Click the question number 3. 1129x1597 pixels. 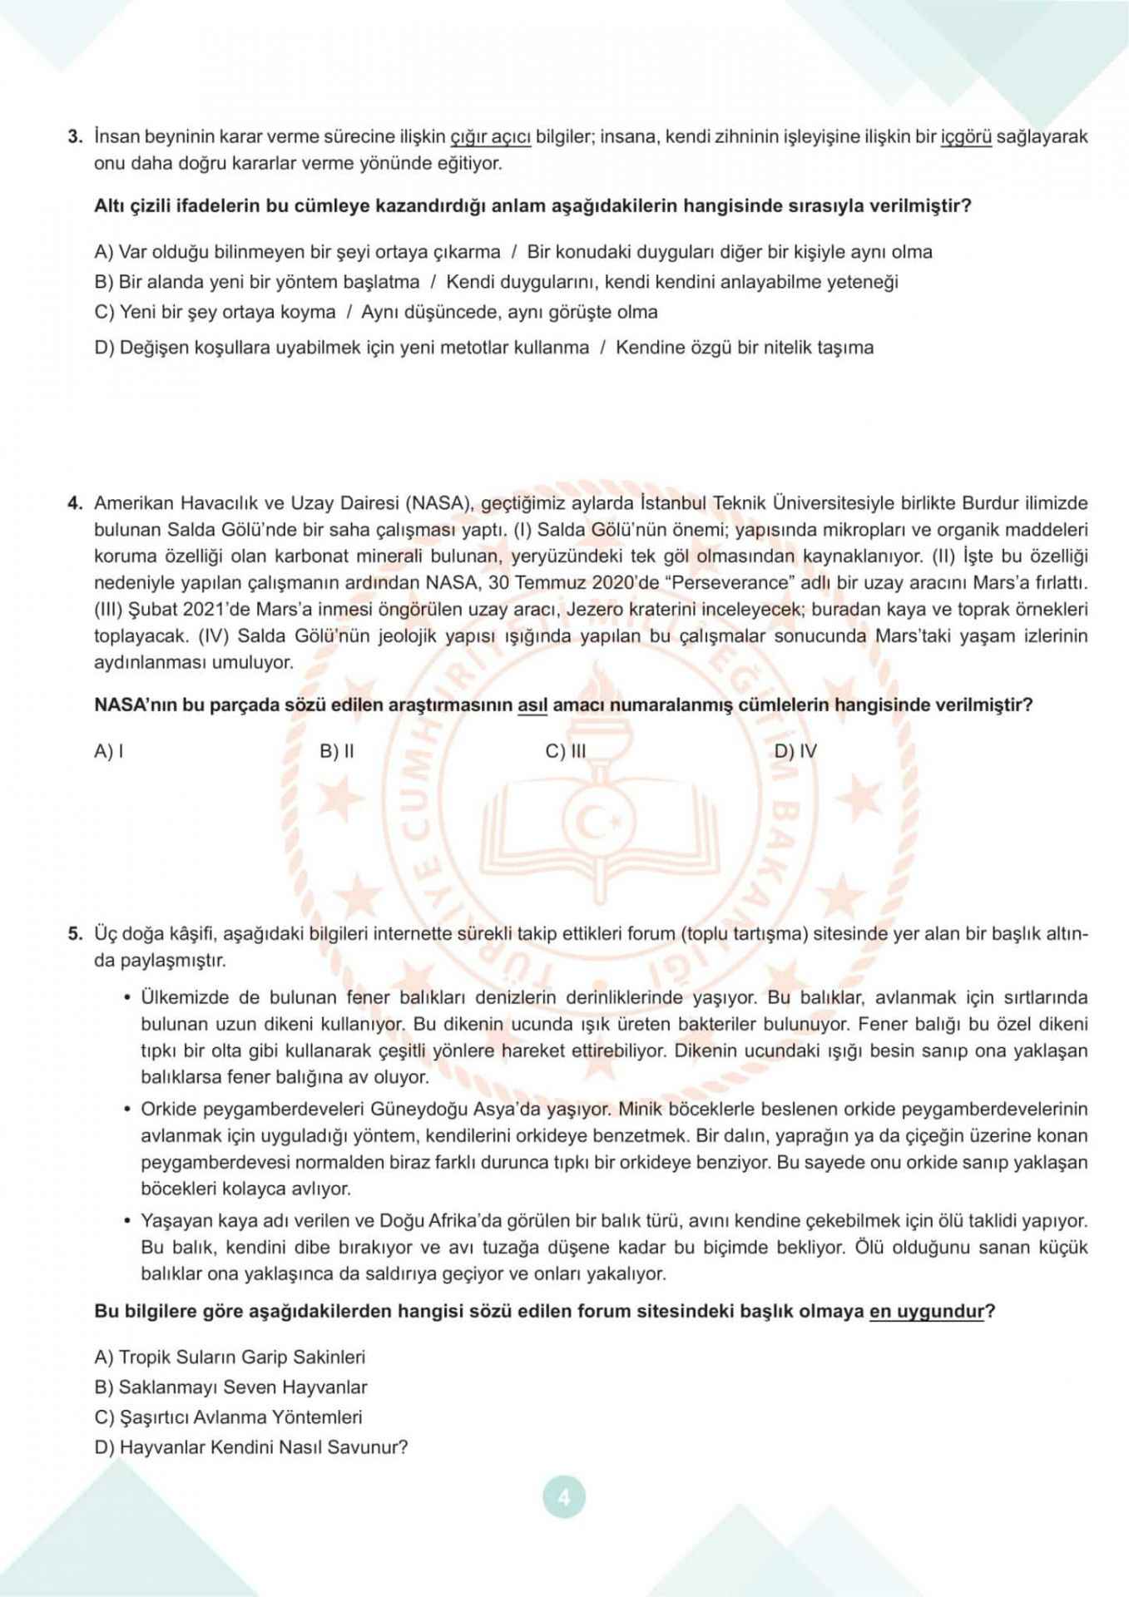[x=74, y=136]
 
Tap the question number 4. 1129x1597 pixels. [x=74, y=503]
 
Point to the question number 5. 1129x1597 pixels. [x=74, y=933]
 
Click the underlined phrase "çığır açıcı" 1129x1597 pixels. [x=490, y=136]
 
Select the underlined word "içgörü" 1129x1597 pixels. [x=966, y=136]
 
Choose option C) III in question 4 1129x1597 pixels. [x=566, y=752]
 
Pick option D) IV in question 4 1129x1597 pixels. [x=795, y=752]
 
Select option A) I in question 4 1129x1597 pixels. [x=110, y=752]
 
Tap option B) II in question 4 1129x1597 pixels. [x=337, y=752]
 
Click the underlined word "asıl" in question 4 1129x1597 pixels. [x=532, y=705]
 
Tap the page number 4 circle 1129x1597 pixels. [x=564, y=1498]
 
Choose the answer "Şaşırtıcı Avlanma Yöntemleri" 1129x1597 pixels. [x=229, y=1417]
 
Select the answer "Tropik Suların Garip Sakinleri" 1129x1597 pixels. [x=230, y=1357]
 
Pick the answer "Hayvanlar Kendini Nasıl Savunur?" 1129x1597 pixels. [x=251, y=1446]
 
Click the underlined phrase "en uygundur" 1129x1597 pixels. [x=927, y=1312]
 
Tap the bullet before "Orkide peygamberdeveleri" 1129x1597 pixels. [x=127, y=1110]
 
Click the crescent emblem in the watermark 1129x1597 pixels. [x=594, y=823]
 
